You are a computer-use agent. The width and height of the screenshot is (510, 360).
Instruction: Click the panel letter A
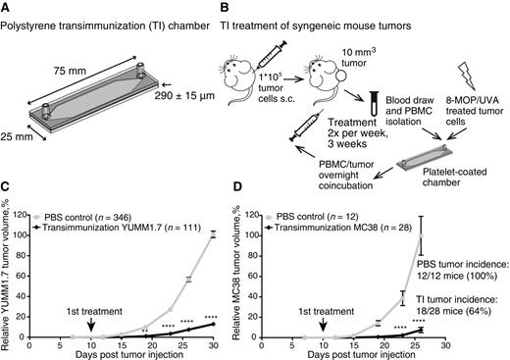click(7, 7)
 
